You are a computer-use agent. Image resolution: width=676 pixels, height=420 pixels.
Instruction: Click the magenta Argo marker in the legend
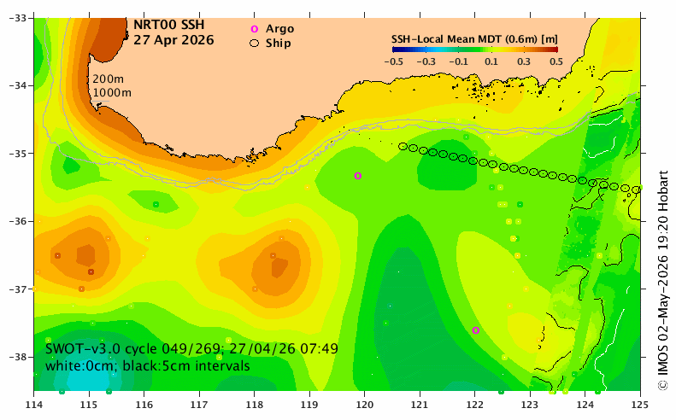[x=255, y=29]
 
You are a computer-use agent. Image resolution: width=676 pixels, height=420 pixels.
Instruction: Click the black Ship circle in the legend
[x=255, y=44]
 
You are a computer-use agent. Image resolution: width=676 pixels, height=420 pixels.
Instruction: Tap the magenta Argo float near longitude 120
[x=358, y=176]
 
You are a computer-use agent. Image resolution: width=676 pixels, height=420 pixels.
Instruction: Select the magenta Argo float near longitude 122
[x=475, y=330]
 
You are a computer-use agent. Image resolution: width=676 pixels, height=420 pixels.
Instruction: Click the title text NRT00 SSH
[x=168, y=25]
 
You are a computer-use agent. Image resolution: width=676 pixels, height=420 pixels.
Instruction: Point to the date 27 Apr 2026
[x=173, y=40]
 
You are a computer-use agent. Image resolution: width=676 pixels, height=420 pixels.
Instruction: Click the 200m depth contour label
[x=109, y=79]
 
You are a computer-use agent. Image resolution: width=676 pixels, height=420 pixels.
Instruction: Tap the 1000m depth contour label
[x=112, y=92]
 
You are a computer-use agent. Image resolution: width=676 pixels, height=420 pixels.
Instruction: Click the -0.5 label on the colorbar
[x=394, y=61]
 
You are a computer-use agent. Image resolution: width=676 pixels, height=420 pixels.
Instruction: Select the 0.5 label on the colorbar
[x=556, y=61]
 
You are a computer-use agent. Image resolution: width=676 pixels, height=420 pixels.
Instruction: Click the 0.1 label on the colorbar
[x=491, y=61]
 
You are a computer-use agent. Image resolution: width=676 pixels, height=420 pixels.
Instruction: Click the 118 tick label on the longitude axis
[x=255, y=405]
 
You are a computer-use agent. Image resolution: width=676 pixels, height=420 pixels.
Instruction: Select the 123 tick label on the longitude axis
[x=530, y=405]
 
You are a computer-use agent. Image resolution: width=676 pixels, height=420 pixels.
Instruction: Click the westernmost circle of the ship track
[x=403, y=147]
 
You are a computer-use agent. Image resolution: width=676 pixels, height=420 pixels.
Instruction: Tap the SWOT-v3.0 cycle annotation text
[x=191, y=348]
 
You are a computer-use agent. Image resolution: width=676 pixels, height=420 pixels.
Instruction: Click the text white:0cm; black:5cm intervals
[x=148, y=366]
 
